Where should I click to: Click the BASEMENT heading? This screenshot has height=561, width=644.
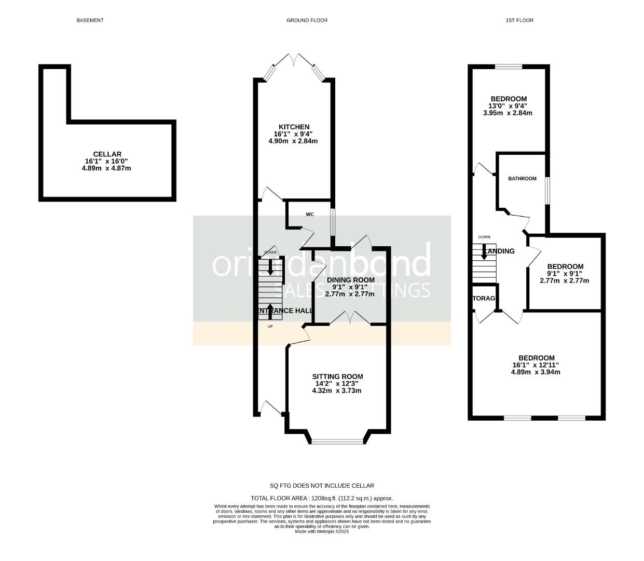tap(90, 20)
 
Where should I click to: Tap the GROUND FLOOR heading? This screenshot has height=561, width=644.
tap(307, 20)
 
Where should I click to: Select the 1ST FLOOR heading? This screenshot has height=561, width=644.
tap(519, 20)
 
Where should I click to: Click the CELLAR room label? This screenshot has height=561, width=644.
tap(107, 154)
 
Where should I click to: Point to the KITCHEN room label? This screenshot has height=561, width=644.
tap(294, 127)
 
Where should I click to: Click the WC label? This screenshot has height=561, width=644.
tap(310, 214)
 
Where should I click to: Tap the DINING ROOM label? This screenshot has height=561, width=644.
tap(350, 280)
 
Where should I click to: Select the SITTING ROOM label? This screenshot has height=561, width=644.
tap(337, 377)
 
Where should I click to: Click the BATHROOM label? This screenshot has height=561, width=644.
tap(522, 179)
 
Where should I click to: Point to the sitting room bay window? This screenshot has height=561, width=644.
tap(338, 442)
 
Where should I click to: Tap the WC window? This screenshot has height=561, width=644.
tap(333, 222)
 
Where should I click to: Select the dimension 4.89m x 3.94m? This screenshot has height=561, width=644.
tap(536, 372)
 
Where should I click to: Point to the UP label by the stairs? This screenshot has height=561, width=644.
tap(270, 326)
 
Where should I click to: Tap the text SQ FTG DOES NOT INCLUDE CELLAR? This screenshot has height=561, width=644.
tap(322, 486)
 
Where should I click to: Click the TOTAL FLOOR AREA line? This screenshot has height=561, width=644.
tap(322, 498)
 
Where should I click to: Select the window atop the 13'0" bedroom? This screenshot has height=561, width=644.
tap(509, 66)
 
